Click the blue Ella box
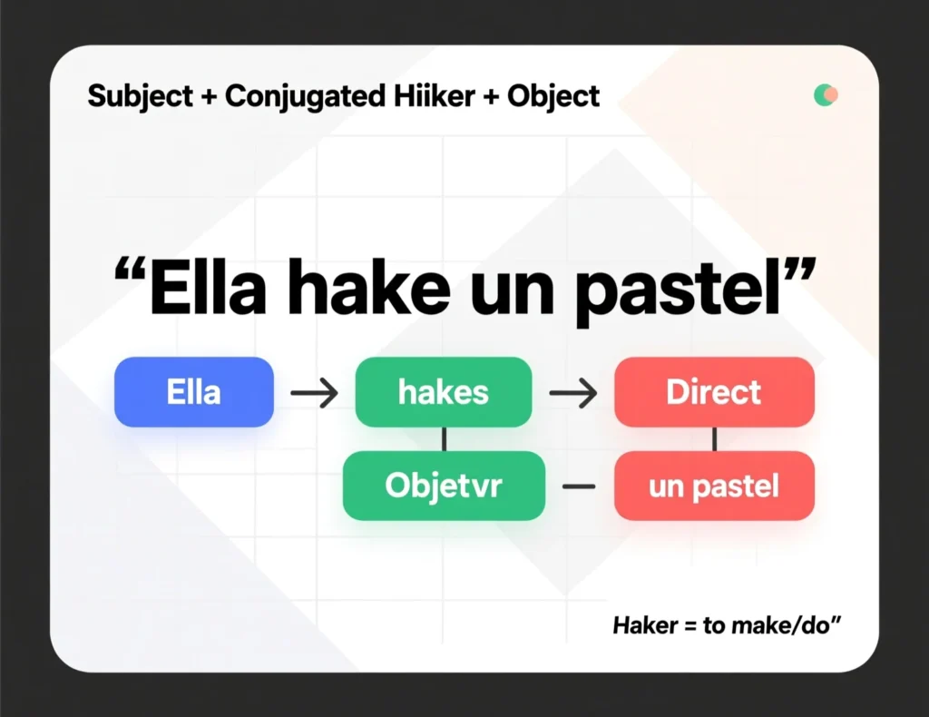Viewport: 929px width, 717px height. [x=194, y=392]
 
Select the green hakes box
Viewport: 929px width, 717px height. [x=443, y=392]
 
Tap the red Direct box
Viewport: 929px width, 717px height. [x=714, y=392]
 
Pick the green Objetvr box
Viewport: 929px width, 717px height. [x=444, y=486]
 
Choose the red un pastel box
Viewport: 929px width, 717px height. [x=714, y=486]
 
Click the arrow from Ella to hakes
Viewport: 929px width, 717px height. [x=314, y=392]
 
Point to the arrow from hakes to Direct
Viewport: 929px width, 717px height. [x=573, y=392]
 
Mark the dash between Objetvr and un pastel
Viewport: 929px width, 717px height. [x=579, y=486]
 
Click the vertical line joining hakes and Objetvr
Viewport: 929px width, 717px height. [x=445, y=439]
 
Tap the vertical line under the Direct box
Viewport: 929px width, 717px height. [x=715, y=439]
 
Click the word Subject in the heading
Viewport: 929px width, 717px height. [x=141, y=96]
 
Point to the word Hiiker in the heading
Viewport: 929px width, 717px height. [x=435, y=96]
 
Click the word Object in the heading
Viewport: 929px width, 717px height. [x=553, y=96]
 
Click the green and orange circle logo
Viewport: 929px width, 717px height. [x=826, y=94]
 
